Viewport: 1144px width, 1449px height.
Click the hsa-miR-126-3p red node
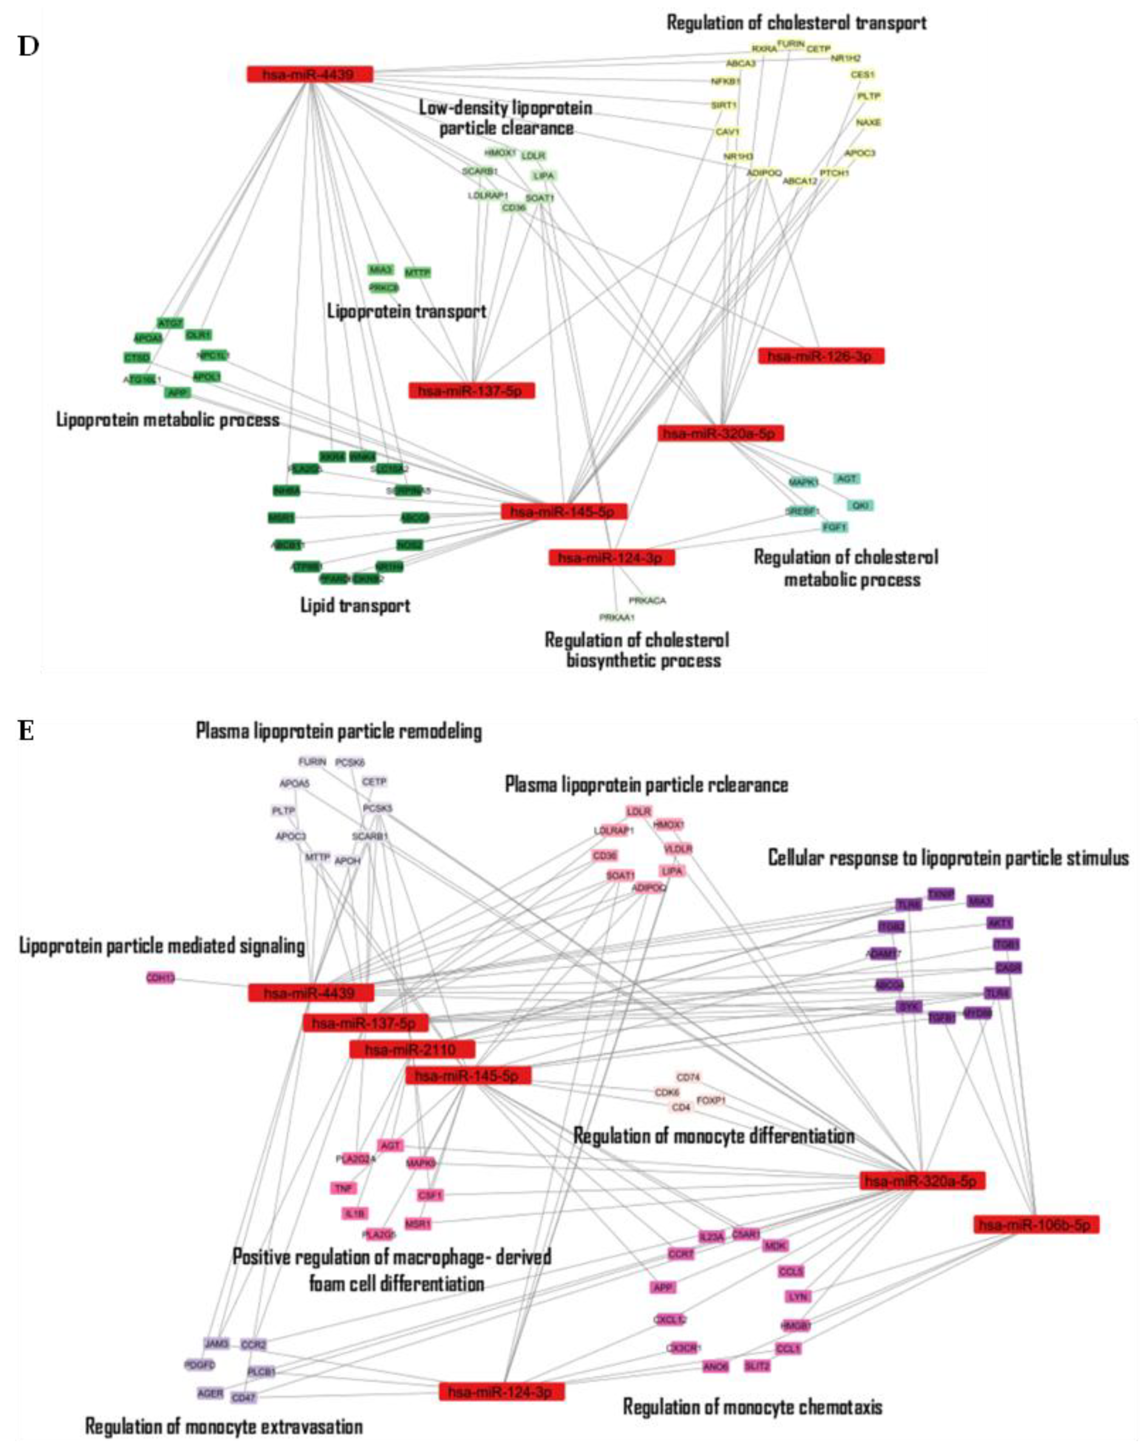(821, 356)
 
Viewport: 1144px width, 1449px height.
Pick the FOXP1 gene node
(711, 1101)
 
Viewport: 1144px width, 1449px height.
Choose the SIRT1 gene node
(723, 105)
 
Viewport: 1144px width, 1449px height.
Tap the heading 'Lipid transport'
(355, 606)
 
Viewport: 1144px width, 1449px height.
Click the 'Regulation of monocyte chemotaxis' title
(752, 1407)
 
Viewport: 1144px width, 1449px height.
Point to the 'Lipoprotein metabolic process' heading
(167, 420)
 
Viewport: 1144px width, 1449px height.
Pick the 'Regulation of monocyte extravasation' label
(224, 1426)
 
